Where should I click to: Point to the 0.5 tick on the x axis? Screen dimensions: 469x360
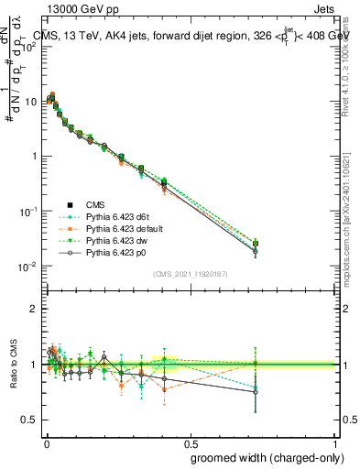coord(190,439)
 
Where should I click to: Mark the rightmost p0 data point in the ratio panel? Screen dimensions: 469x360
coord(255,391)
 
